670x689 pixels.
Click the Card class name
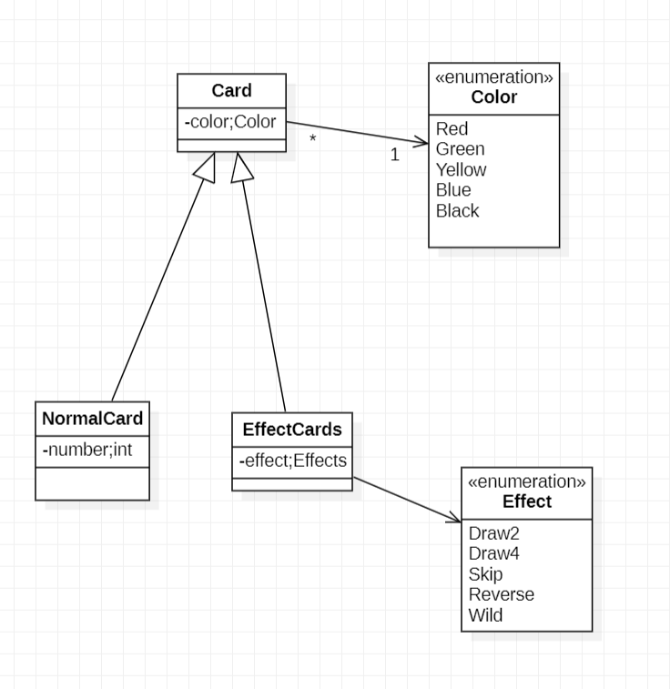231,91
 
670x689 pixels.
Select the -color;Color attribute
231,121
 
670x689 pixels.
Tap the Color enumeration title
493,97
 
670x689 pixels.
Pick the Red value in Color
452,129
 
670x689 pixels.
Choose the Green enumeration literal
460,149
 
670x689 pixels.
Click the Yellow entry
461,170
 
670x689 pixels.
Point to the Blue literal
453,190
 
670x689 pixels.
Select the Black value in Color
457,211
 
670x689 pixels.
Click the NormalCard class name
92,420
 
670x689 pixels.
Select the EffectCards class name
291,430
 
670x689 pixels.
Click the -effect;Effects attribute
292,461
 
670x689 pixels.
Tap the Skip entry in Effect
485,574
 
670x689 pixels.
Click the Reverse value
501,594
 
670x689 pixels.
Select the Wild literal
485,615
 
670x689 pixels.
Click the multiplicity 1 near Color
394,156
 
